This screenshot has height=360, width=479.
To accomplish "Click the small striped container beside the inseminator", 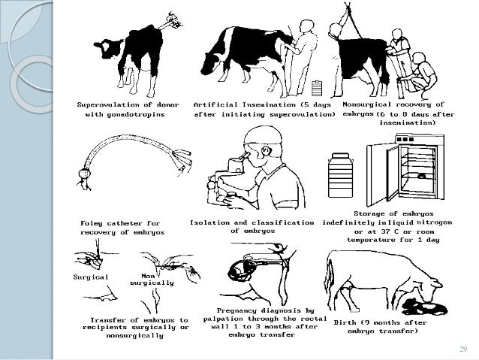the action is [317, 88].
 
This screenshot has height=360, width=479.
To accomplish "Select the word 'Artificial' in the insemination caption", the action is [215, 104].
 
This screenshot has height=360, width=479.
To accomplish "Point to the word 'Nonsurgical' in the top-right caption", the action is [366, 104].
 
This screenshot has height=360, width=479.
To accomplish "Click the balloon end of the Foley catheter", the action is [84, 174].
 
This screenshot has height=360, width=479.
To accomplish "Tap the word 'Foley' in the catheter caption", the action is [92, 223].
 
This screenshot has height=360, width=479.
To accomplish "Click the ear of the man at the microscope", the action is [267, 150].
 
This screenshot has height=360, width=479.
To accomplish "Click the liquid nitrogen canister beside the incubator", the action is [341, 175].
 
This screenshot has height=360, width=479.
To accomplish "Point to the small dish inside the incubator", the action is [422, 176].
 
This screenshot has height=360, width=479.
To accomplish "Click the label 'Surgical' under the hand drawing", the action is [91, 277].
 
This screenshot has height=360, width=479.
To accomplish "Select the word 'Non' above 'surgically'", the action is [148, 276].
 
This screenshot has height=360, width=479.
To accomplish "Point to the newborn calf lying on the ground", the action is [425, 307].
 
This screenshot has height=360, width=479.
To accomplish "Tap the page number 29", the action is [463, 349].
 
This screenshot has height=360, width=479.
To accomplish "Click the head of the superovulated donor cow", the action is [107, 47].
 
